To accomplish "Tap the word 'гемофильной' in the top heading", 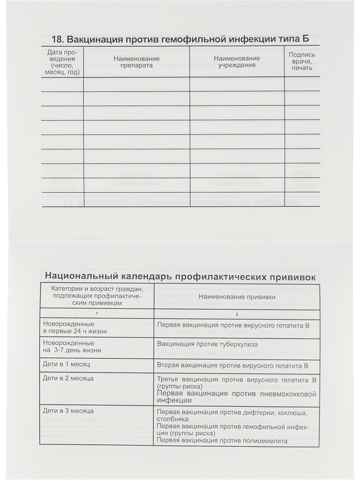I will pos(197,40).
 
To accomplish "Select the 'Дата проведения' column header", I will pos(62,62).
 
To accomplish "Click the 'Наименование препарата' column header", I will pos(136,62).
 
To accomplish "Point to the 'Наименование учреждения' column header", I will pos(237,62).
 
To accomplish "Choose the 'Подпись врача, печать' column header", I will pos(302,62).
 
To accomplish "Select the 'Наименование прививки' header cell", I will pos(236,297).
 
